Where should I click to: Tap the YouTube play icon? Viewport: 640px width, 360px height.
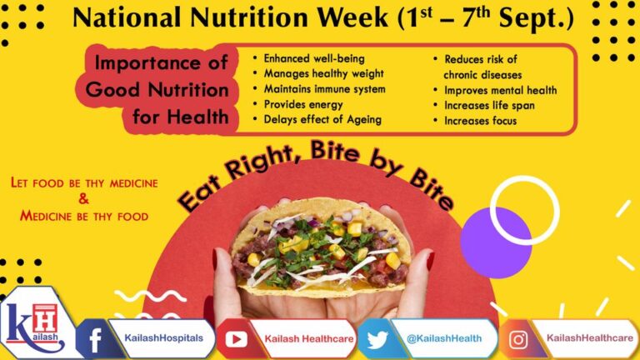(x=236, y=339)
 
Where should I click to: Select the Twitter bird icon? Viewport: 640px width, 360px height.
(x=377, y=339)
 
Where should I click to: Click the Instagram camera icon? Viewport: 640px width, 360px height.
(x=517, y=339)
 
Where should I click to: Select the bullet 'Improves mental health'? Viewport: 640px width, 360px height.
(x=500, y=90)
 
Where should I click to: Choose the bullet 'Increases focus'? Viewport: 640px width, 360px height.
(x=480, y=121)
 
